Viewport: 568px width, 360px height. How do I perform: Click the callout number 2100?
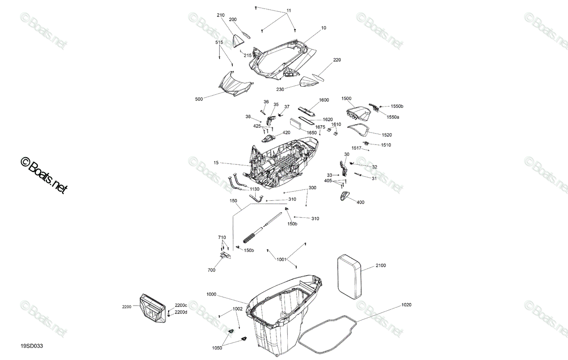[x=381, y=265]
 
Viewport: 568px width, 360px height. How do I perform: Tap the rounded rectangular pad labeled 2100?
[x=349, y=277]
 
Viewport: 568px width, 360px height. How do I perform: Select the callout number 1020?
[x=406, y=305]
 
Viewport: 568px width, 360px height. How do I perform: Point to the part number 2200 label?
[x=127, y=307]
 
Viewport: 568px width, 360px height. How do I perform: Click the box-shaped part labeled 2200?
[x=152, y=308]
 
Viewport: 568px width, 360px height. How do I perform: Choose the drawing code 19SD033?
[x=32, y=346]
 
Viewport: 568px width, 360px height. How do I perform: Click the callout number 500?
[x=199, y=99]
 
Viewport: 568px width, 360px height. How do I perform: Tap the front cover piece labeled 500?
[x=58, y=83]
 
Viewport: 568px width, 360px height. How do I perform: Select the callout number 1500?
[x=346, y=99]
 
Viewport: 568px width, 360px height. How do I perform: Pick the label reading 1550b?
[x=397, y=106]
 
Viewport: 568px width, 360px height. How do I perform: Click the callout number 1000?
[x=211, y=294]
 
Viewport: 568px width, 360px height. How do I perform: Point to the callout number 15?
[x=216, y=162]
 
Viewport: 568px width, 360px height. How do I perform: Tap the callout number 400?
[x=360, y=202]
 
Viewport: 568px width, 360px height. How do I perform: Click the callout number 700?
[x=211, y=270]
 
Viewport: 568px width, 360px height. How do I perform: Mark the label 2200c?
[x=181, y=305]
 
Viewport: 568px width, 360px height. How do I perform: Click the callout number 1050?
[x=217, y=348]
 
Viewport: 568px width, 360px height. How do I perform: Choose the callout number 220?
[x=337, y=60]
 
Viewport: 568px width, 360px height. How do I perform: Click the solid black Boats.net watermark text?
[x=44, y=175]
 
